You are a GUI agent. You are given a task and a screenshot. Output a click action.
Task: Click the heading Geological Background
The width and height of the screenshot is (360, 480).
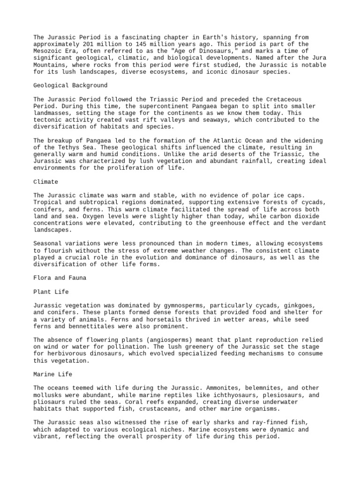coord(70,85)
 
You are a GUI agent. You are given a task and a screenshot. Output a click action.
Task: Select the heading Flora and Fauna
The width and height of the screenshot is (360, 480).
coord(60,277)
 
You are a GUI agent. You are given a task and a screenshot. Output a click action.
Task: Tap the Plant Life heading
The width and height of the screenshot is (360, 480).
coord(51,292)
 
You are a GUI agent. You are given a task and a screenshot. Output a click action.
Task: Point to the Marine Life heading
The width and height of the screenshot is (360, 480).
coord(53,374)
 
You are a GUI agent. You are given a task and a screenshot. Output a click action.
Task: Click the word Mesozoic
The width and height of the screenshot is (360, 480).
coord(49,51)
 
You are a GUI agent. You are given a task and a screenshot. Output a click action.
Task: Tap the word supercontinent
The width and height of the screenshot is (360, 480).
coord(150,106)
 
